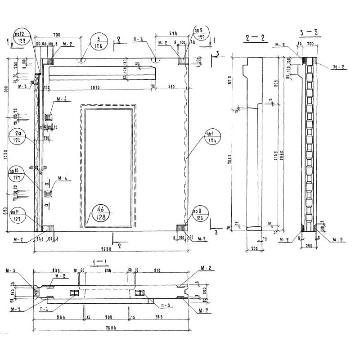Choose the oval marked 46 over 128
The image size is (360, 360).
click(x=102, y=212)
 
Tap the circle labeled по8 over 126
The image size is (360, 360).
click(x=198, y=214)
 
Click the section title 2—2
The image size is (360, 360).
click(x=254, y=38)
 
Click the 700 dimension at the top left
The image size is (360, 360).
click(x=57, y=35)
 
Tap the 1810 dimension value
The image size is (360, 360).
click(x=94, y=87)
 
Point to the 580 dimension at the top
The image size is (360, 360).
click(x=173, y=33)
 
